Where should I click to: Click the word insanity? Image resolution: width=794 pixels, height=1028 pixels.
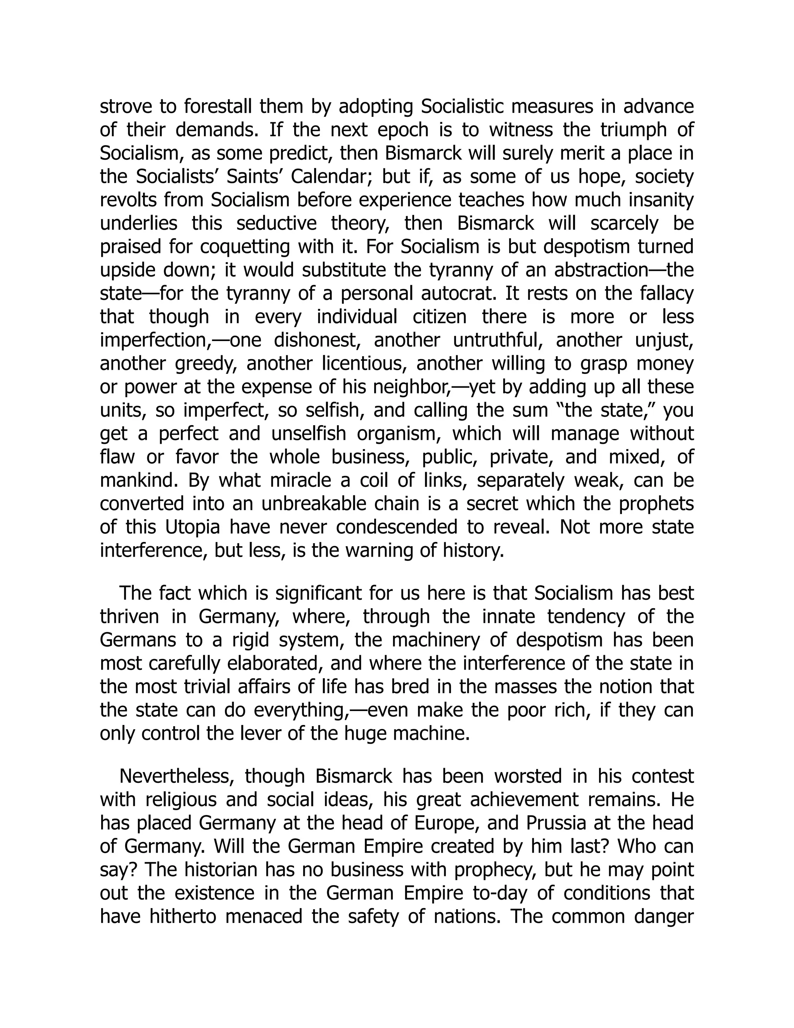(659, 200)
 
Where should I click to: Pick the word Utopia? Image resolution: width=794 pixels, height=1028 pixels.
(192, 527)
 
